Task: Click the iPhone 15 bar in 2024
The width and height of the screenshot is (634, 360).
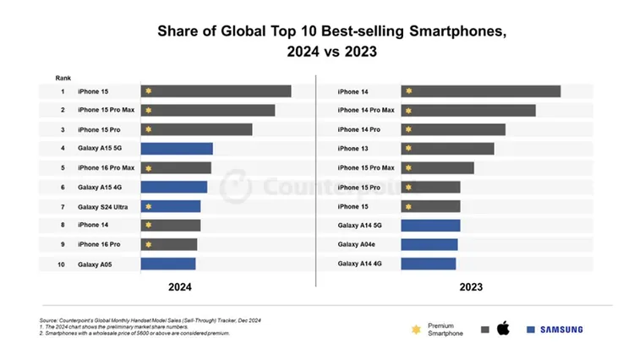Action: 216,91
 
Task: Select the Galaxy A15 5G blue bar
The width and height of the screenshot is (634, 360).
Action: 177,149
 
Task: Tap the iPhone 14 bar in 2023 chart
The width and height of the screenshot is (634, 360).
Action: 480,91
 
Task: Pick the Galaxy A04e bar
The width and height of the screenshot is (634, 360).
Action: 429,244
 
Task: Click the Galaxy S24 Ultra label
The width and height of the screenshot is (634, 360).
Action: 103,206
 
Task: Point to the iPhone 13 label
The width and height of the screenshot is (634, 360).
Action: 353,149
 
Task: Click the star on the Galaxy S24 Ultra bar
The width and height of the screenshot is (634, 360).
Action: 149,206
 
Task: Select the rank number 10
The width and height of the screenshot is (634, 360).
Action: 62,264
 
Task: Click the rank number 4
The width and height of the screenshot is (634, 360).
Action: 62,149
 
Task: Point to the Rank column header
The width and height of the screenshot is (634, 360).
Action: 63,77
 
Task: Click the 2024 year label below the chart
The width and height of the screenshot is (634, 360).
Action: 179,287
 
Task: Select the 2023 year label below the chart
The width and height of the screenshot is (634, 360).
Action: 471,287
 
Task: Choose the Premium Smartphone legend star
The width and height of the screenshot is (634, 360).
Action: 415,330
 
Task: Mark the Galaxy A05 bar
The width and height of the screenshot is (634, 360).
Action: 168,264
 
